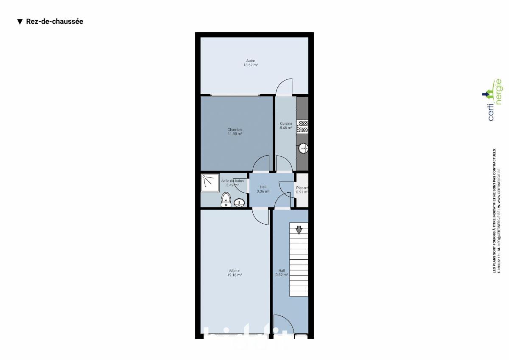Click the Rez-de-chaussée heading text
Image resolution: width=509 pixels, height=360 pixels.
click(x=54, y=22)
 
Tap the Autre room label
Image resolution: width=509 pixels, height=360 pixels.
click(x=251, y=61)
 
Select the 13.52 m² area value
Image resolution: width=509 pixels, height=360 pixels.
click(x=251, y=65)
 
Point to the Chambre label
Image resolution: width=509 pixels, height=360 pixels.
click(x=235, y=129)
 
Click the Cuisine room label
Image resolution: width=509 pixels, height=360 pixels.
click(x=286, y=124)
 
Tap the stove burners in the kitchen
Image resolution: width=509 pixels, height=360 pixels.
click(x=302, y=127)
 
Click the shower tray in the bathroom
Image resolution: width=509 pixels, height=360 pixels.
click(x=210, y=182)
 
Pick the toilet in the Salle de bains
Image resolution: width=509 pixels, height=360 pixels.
click(x=226, y=200)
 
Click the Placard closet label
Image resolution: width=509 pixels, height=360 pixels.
click(x=302, y=188)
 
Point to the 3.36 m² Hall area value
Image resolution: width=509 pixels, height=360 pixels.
click(x=263, y=191)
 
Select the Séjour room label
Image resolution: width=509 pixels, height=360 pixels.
click(x=234, y=270)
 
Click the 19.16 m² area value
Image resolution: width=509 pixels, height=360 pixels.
click(x=234, y=275)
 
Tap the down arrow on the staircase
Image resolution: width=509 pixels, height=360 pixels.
click(x=299, y=230)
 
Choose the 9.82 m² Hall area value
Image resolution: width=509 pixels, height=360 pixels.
click(x=282, y=275)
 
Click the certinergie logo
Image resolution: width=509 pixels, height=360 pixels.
click(x=493, y=100)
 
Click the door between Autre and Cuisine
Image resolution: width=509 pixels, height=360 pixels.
click(x=284, y=87)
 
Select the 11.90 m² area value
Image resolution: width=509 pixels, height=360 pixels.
click(x=235, y=134)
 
